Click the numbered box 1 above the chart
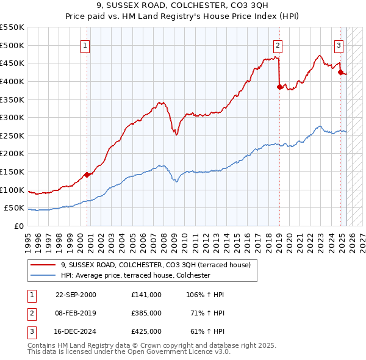pyautogui.click(x=85, y=45)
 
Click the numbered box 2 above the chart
pyautogui.click(x=278, y=45)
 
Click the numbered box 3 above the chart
pyautogui.click(x=339, y=45)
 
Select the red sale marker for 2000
pyautogui.click(x=87, y=175)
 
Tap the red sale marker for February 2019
pyautogui.click(x=279, y=87)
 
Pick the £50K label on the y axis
pyautogui.click(x=14, y=208)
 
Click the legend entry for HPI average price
pyautogui.click(x=135, y=275)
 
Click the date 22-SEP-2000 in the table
pyautogui.click(x=76, y=295)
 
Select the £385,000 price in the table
pyautogui.click(x=146, y=313)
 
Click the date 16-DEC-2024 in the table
pyautogui.click(x=76, y=331)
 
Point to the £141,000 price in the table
pyautogui.click(x=146, y=295)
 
